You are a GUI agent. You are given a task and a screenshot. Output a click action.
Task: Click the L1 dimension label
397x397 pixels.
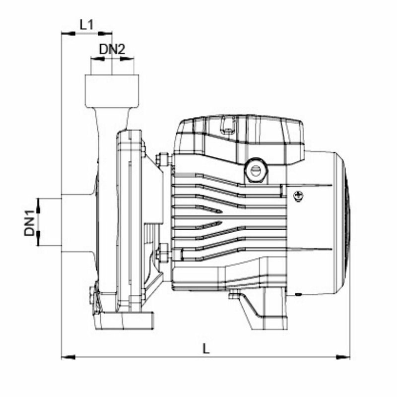click(x=86, y=25)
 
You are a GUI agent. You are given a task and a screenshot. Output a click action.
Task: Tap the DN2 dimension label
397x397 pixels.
click(x=112, y=49)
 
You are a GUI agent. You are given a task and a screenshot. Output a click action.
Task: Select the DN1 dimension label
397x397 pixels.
click(x=29, y=223)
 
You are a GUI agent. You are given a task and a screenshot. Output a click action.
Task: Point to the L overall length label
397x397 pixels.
click(x=206, y=348)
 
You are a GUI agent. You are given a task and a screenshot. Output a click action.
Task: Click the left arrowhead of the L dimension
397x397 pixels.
click(x=68, y=357)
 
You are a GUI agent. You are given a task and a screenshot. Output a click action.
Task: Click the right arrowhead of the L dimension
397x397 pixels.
click(x=343, y=357)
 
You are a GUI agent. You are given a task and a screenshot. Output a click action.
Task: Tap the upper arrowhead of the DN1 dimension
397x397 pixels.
click(x=39, y=205)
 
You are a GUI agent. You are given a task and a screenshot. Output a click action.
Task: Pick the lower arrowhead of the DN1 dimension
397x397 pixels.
click(x=39, y=238)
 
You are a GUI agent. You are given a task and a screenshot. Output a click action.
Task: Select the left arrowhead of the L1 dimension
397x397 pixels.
click(x=68, y=33)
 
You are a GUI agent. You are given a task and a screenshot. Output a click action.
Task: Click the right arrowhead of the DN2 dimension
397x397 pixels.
click(x=127, y=59)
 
